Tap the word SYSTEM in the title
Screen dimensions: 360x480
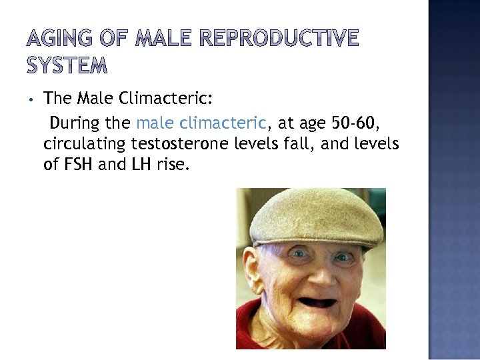tap(67, 65)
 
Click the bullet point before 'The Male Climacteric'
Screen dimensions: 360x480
tap(31, 100)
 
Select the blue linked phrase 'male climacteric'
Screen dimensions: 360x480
tap(201, 123)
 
